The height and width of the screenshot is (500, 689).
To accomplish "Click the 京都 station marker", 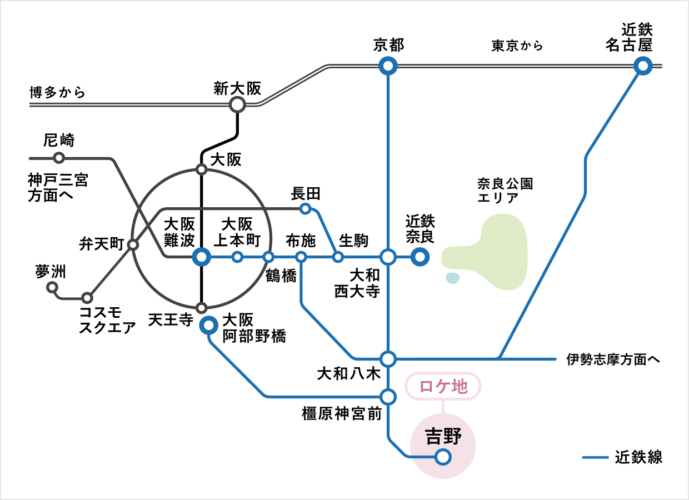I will click(x=388, y=67).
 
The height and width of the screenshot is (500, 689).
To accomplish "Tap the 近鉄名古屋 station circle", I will click(x=643, y=67).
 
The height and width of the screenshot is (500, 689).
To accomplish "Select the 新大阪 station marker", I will click(x=237, y=104).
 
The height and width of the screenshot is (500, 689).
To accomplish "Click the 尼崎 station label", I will click(x=59, y=140).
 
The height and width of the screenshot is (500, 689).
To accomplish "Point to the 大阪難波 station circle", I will click(x=202, y=257).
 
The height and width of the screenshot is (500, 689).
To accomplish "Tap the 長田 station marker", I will click(x=305, y=209).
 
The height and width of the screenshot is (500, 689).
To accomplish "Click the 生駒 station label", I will click(x=353, y=241).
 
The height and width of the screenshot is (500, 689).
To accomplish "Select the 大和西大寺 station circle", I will click(x=388, y=257).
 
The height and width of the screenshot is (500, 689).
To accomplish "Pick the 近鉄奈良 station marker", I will click(x=420, y=257).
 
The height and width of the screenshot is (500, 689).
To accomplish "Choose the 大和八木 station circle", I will click(x=388, y=358).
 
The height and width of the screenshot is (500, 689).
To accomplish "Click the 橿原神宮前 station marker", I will click(x=388, y=397).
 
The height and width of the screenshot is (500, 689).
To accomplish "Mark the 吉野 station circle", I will click(x=443, y=457).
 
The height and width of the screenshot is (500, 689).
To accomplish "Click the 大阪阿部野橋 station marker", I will click(x=209, y=325).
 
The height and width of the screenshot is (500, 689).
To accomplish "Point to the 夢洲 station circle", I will click(x=52, y=287).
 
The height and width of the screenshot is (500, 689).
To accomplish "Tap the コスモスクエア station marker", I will click(x=87, y=298).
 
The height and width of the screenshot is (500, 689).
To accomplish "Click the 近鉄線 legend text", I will click(x=639, y=458).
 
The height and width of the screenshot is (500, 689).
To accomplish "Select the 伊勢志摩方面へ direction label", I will click(x=613, y=359).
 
